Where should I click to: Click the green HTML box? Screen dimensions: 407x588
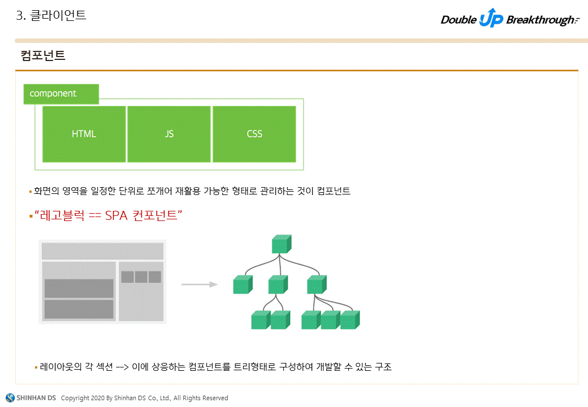tap(84, 134)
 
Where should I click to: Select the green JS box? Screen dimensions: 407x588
tap(169, 134)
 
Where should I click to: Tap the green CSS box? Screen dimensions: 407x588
tap(254, 134)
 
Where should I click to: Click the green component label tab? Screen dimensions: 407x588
tap(61, 94)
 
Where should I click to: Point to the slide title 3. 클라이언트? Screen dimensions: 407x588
tap(51, 16)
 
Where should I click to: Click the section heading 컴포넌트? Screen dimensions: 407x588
tap(43, 55)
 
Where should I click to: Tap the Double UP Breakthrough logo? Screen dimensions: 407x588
tap(509, 20)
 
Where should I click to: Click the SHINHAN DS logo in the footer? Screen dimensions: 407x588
tap(31, 397)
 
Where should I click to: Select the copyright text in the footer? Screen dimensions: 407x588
tap(144, 398)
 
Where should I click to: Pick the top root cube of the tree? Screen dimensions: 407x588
tap(281, 244)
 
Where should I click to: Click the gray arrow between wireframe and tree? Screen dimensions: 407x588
tap(199, 284)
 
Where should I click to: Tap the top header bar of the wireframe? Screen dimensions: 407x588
tap(102, 251)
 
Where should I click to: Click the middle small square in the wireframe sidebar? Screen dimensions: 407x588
tap(141, 277)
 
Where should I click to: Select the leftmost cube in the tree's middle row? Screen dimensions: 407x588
tap(242, 284)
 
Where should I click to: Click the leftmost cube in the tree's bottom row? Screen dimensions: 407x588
tap(261, 320)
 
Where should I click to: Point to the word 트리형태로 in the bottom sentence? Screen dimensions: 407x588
tap(258, 367)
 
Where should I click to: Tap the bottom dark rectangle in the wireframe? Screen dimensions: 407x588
tap(79, 309)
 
